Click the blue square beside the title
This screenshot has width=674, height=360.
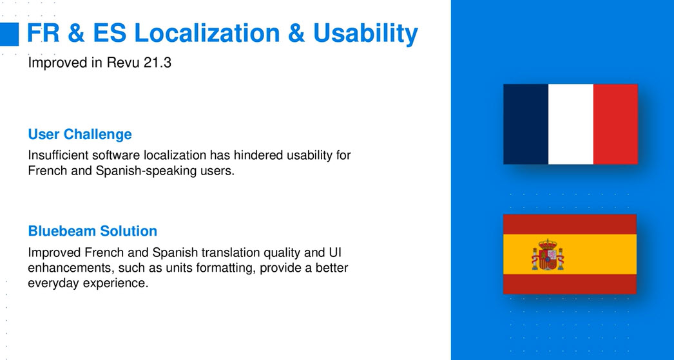[x=9, y=34]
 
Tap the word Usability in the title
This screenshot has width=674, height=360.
[x=365, y=34]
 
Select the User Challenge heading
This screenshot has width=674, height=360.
[x=80, y=135]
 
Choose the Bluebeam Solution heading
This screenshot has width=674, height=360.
[x=92, y=231]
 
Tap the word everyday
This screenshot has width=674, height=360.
[x=53, y=284]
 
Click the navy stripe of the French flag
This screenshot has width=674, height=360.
[x=526, y=124]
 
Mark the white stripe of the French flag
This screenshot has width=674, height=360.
[x=571, y=124]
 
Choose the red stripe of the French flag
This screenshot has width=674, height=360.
[x=615, y=124]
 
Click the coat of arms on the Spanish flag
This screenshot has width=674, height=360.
[x=548, y=255]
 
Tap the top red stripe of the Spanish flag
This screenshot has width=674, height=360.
[x=570, y=224]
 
